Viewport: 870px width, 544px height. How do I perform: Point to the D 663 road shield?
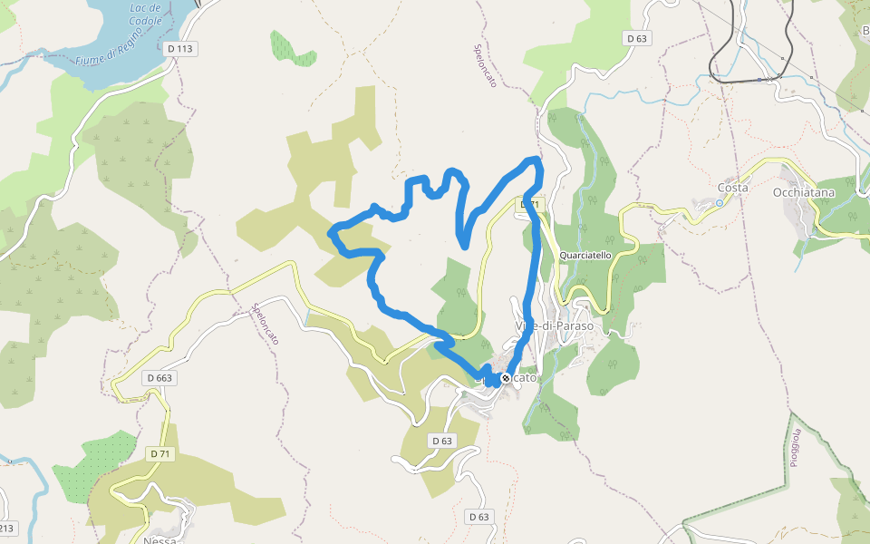[x=158, y=377]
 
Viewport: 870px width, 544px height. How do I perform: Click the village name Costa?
[x=732, y=188]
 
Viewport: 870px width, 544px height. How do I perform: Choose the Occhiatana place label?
[x=802, y=192]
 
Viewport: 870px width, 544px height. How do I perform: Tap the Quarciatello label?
[x=585, y=256]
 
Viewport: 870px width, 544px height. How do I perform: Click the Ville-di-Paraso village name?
[x=554, y=325]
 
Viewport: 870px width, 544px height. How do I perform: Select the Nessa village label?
[x=160, y=539]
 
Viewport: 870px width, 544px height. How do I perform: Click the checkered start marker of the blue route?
[x=506, y=378]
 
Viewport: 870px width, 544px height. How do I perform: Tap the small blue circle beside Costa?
[x=720, y=203]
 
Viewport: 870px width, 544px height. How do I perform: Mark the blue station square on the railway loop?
[x=759, y=80]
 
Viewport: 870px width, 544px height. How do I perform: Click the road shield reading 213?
[x=5, y=527]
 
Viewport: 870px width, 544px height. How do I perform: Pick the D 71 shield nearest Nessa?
[x=159, y=453]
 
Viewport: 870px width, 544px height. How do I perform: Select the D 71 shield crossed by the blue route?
[x=530, y=205]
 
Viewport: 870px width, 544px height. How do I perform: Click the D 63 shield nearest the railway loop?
[x=637, y=38]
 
